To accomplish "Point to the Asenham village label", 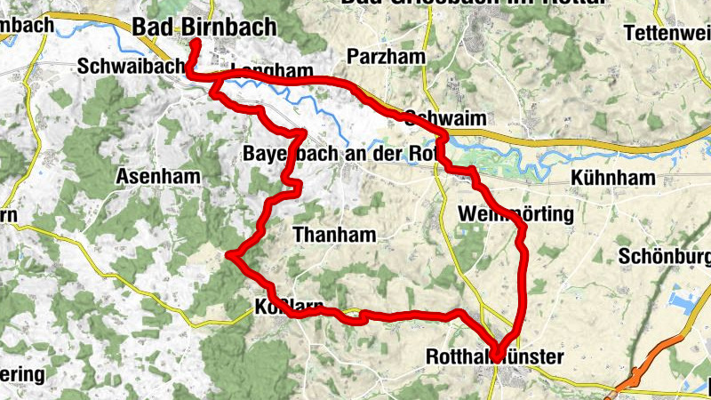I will [156, 177].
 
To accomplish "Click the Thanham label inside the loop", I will [334, 235].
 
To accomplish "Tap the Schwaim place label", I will [436, 116].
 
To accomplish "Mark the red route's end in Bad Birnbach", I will [194, 41].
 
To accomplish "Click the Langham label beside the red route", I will [272, 71].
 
